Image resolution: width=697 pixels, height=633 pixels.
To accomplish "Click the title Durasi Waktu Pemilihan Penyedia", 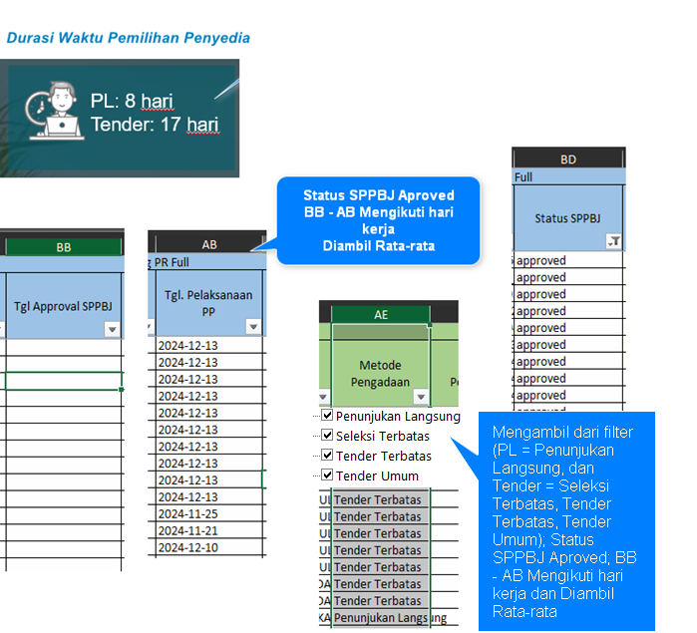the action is click(x=129, y=38).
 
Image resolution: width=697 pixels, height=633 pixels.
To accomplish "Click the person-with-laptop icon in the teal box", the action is click(x=54, y=111).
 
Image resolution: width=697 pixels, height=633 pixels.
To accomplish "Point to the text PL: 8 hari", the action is click(x=132, y=101).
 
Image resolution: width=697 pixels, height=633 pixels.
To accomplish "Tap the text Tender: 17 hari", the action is click(x=156, y=125).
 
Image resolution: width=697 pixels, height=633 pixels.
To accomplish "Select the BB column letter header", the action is click(x=64, y=247).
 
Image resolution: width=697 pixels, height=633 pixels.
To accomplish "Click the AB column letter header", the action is click(x=209, y=244).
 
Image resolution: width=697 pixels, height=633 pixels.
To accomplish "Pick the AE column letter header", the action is click(x=381, y=314).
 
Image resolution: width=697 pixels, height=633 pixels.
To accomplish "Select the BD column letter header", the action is click(x=568, y=159).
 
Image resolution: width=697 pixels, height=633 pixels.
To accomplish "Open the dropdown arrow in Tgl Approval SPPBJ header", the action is click(x=112, y=329).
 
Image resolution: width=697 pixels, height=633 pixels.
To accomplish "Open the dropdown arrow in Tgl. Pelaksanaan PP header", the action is click(x=253, y=327).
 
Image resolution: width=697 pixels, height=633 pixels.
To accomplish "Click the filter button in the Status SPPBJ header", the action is click(x=614, y=241).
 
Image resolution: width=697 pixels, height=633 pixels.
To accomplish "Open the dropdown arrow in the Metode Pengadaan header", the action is click(x=421, y=397).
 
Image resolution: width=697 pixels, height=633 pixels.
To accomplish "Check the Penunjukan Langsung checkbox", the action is click(x=327, y=415).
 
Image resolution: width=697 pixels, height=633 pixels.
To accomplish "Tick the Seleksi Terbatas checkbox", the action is click(x=327, y=435).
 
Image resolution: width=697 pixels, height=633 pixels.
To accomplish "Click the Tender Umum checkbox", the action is click(x=327, y=475).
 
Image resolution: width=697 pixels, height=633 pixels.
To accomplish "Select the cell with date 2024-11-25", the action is click(x=209, y=513).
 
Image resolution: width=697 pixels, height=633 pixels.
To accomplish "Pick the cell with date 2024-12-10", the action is click(x=209, y=547).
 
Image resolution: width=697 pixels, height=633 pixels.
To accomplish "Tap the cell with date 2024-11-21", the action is click(x=209, y=530).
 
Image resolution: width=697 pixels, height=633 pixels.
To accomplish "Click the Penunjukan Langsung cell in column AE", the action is click(x=381, y=617).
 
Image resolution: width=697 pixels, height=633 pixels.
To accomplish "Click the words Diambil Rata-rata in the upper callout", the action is click(x=379, y=246).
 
